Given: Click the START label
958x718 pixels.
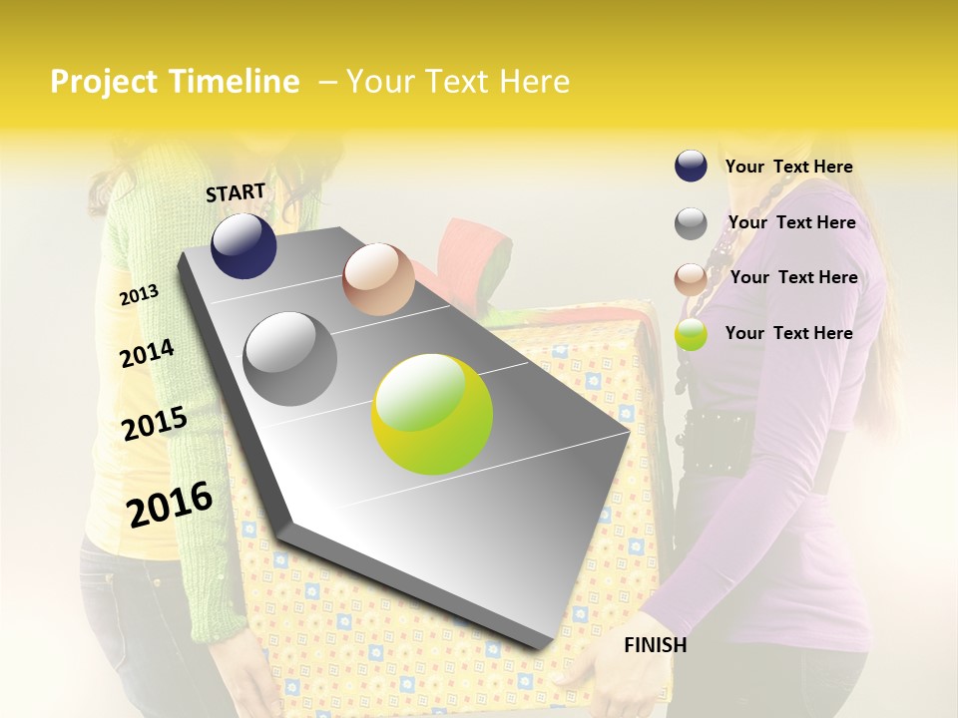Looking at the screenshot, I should click(x=236, y=192).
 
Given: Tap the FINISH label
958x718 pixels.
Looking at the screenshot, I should click(x=656, y=645).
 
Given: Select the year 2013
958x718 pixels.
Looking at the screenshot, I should click(x=139, y=294).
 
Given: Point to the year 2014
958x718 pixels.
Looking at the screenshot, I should click(x=147, y=353).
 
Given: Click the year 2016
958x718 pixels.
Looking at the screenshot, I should click(x=170, y=504).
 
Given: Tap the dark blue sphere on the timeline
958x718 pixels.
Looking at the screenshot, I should click(x=243, y=245).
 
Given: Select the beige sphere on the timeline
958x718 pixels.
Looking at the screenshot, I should click(x=378, y=279).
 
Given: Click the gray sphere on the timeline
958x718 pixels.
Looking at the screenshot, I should click(x=290, y=358).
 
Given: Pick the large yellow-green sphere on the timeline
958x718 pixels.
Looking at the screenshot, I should click(x=432, y=414).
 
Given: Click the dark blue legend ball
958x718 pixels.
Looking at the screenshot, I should click(x=691, y=166).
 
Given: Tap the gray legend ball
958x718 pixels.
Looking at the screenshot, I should click(x=691, y=223).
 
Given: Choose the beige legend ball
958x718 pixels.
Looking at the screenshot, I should click(x=691, y=279).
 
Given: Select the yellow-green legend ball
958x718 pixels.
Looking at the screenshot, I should click(x=691, y=334).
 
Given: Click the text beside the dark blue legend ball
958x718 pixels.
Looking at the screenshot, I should click(x=788, y=167).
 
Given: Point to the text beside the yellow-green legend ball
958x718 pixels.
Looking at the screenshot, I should click(x=788, y=333).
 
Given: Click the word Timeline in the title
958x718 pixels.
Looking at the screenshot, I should click(x=235, y=82).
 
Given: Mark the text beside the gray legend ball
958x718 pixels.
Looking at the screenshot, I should click(x=791, y=222).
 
